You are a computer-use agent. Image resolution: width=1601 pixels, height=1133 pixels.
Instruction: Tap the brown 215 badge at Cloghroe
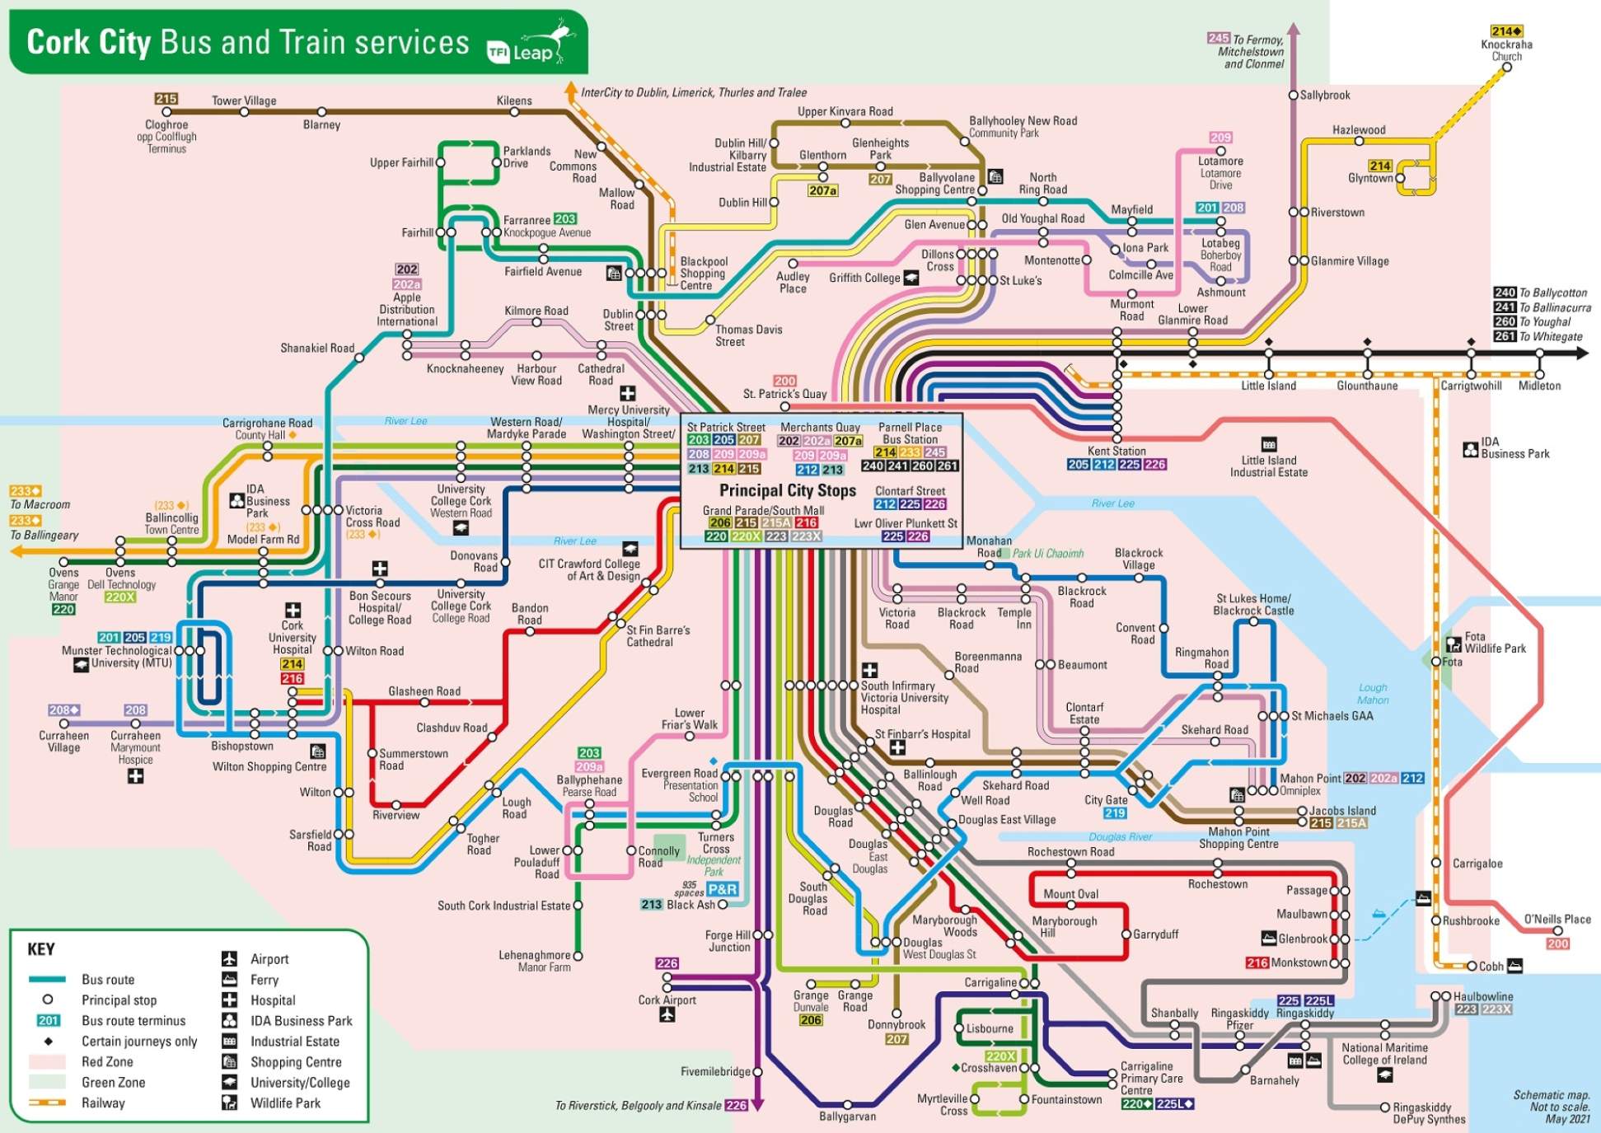tap(166, 99)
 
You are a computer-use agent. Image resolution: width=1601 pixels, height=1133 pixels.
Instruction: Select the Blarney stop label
tap(321, 125)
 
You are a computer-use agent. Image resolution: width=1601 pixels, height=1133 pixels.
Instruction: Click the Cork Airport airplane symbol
tap(667, 1015)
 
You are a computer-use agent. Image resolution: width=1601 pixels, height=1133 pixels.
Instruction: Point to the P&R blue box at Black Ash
tap(722, 889)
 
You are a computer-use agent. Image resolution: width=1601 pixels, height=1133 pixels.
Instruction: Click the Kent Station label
tap(1116, 451)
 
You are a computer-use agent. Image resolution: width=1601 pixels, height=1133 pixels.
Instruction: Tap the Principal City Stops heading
tap(787, 490)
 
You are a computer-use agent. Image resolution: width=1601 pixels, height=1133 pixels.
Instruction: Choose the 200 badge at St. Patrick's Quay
tap(784, 381)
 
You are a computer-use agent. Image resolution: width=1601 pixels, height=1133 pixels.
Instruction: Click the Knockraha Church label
tap(1506, 50)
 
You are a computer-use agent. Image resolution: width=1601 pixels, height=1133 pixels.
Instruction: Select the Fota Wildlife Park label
tap(1495, 642)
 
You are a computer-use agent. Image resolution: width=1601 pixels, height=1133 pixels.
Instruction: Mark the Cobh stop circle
tap(1472, 966)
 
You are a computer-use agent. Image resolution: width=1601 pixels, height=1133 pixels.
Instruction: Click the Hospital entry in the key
tap(273, 1000)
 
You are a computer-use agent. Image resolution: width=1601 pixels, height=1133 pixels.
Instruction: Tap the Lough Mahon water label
tap(1373, 694)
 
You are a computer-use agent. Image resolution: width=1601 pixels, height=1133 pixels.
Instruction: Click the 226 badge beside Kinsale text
tap(736, 1105)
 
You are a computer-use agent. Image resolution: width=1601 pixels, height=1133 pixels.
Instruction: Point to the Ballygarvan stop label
tap(847, 1117)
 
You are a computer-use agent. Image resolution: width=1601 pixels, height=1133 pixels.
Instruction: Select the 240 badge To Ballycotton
tap(1505, 293)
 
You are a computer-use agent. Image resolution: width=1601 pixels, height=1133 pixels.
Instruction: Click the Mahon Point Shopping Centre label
tap(1238, 838)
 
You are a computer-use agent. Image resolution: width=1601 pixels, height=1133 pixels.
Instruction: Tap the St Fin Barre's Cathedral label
tap(658, 635)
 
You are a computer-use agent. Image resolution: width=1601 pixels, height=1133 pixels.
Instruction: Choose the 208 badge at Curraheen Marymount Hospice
tap(135, 710)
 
